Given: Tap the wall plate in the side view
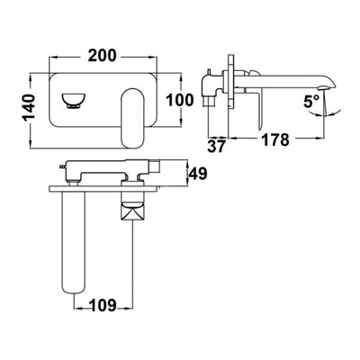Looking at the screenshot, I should coord(232,85).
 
